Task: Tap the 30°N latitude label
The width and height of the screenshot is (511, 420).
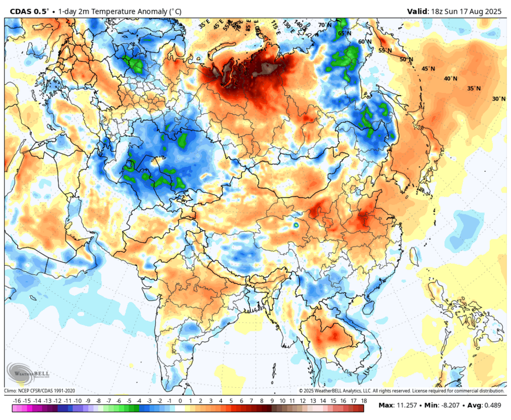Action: point(498,99)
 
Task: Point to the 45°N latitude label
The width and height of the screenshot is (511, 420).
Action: point(428,69)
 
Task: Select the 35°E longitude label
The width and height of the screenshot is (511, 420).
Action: point(204,25)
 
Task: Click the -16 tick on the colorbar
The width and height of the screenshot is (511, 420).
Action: point(16,401)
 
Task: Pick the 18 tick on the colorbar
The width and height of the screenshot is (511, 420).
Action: point(363,401)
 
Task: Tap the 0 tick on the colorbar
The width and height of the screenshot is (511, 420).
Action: point(180,401)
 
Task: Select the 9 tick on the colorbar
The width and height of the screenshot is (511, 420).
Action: point(272,401)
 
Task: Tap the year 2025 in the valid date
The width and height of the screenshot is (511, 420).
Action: point(494,11)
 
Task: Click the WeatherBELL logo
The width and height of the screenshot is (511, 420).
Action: point(27,375)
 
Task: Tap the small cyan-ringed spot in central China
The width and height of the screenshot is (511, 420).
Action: point(296,224)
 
